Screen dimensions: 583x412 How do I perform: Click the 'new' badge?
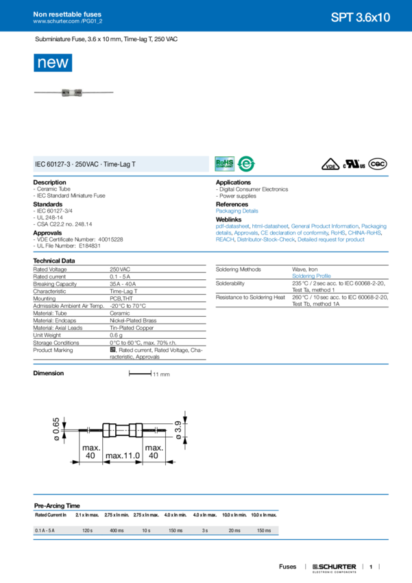(x=53, y=63)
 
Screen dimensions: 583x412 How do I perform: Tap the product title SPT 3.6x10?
(x=360, y=18)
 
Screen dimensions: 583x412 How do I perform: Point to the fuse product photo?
(x=75, y=93)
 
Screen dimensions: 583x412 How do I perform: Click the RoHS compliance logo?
(x=225, y=163)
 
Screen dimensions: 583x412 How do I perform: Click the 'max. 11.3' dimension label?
(x=123, y=455)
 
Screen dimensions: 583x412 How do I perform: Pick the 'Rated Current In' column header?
(x=51, y=514)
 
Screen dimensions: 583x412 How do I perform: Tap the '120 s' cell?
(x=87, y=531)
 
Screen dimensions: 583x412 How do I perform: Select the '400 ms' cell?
(x=117, y=531)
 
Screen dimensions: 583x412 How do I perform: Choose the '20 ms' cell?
(x=234, y=531)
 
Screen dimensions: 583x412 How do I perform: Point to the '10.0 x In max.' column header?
(x=264, y=514)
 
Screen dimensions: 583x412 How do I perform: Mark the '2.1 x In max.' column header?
(x=87, y=514)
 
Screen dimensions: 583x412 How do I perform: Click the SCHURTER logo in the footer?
(x=335, y=567)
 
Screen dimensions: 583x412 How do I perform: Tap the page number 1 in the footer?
(x=369, y=567)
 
